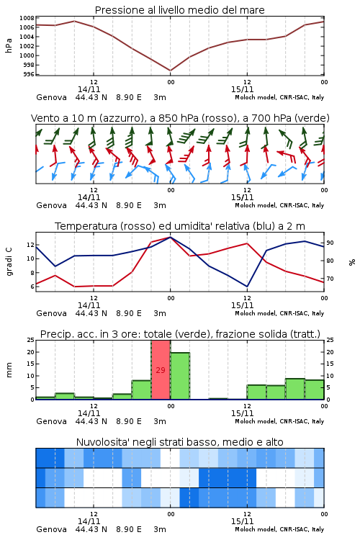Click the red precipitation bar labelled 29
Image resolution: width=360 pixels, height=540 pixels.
(x=161, y=370)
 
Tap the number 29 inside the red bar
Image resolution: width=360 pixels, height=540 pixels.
(x=161, y=370)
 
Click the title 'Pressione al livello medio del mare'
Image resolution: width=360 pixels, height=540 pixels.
(x=180, y=10)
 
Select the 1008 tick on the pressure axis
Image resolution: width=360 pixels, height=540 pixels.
(x=27, y=18)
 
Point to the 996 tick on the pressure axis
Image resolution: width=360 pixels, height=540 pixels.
(x=29, y=74)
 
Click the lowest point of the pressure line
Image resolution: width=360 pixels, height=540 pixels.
(x=171, y=71)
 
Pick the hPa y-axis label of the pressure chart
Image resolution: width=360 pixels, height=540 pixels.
(x=9, y=45)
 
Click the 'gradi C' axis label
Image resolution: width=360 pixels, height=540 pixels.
(x=9, y=261)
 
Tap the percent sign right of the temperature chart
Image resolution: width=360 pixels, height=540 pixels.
(x=352, y=262)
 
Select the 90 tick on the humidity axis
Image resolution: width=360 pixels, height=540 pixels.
(x=330, y=243)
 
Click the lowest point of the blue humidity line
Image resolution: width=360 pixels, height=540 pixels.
(x=247, y=287)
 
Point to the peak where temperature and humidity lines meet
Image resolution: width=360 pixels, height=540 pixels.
(x=170, y=237)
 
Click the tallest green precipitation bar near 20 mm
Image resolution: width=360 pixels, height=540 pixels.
(x=180, y=376)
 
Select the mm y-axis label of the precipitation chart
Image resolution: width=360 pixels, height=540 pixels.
(x=9, y=370)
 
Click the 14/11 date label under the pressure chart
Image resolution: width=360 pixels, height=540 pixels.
(x=89, y=89)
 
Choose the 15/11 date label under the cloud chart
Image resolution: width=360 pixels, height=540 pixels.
(x=242, y=521)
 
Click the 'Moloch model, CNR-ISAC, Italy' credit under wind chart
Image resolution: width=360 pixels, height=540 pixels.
(x=279, y=205)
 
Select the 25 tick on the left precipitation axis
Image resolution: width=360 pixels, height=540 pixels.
(x=31, y=340)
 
